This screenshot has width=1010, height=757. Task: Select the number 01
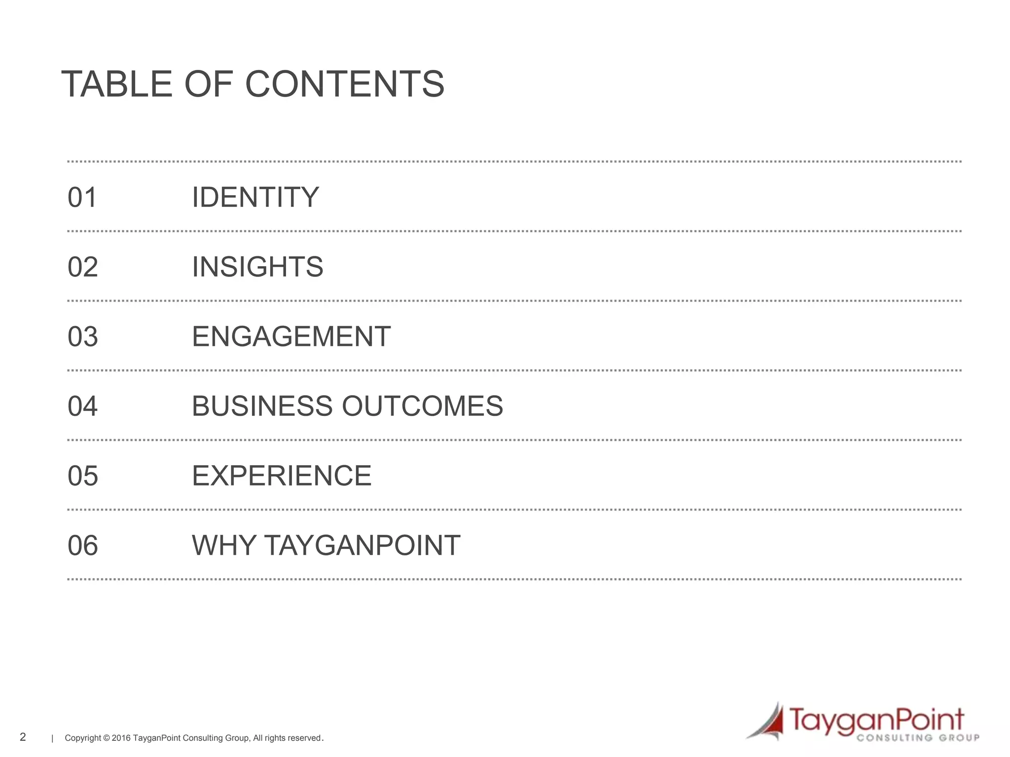point(82,197)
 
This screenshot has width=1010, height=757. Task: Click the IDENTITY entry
point(255,197)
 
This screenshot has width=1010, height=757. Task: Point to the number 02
point(82,267)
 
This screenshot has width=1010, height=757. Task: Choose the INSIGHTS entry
point(257,267)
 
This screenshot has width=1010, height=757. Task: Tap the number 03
point(82,337)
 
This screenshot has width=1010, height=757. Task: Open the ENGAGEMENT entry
point(291,337)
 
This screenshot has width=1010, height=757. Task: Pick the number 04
point(82,406)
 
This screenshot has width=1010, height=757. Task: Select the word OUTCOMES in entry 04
point(422,406)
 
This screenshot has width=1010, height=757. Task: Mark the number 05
point(82,476)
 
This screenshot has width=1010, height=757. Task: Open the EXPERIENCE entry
point(282,476)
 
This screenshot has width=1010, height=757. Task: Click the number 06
point(82,546)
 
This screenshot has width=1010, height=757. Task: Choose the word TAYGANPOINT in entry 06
point(362,546)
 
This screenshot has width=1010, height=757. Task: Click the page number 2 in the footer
point(23,737)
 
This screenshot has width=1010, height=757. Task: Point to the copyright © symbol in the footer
point(107,738)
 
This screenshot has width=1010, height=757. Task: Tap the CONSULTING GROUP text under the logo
point(918,738)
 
